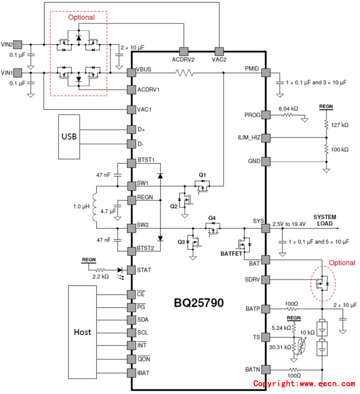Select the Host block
(82, 332)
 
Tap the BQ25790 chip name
(199, 303)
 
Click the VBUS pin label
(145, 70)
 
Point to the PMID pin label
(250, 69)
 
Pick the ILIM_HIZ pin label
(247, 138)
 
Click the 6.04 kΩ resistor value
(289, 109)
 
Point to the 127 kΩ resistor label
(339, 125)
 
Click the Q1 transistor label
(203, 174)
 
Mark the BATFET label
(231, 253)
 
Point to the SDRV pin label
(251, 279)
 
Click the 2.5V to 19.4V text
(289, 224)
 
